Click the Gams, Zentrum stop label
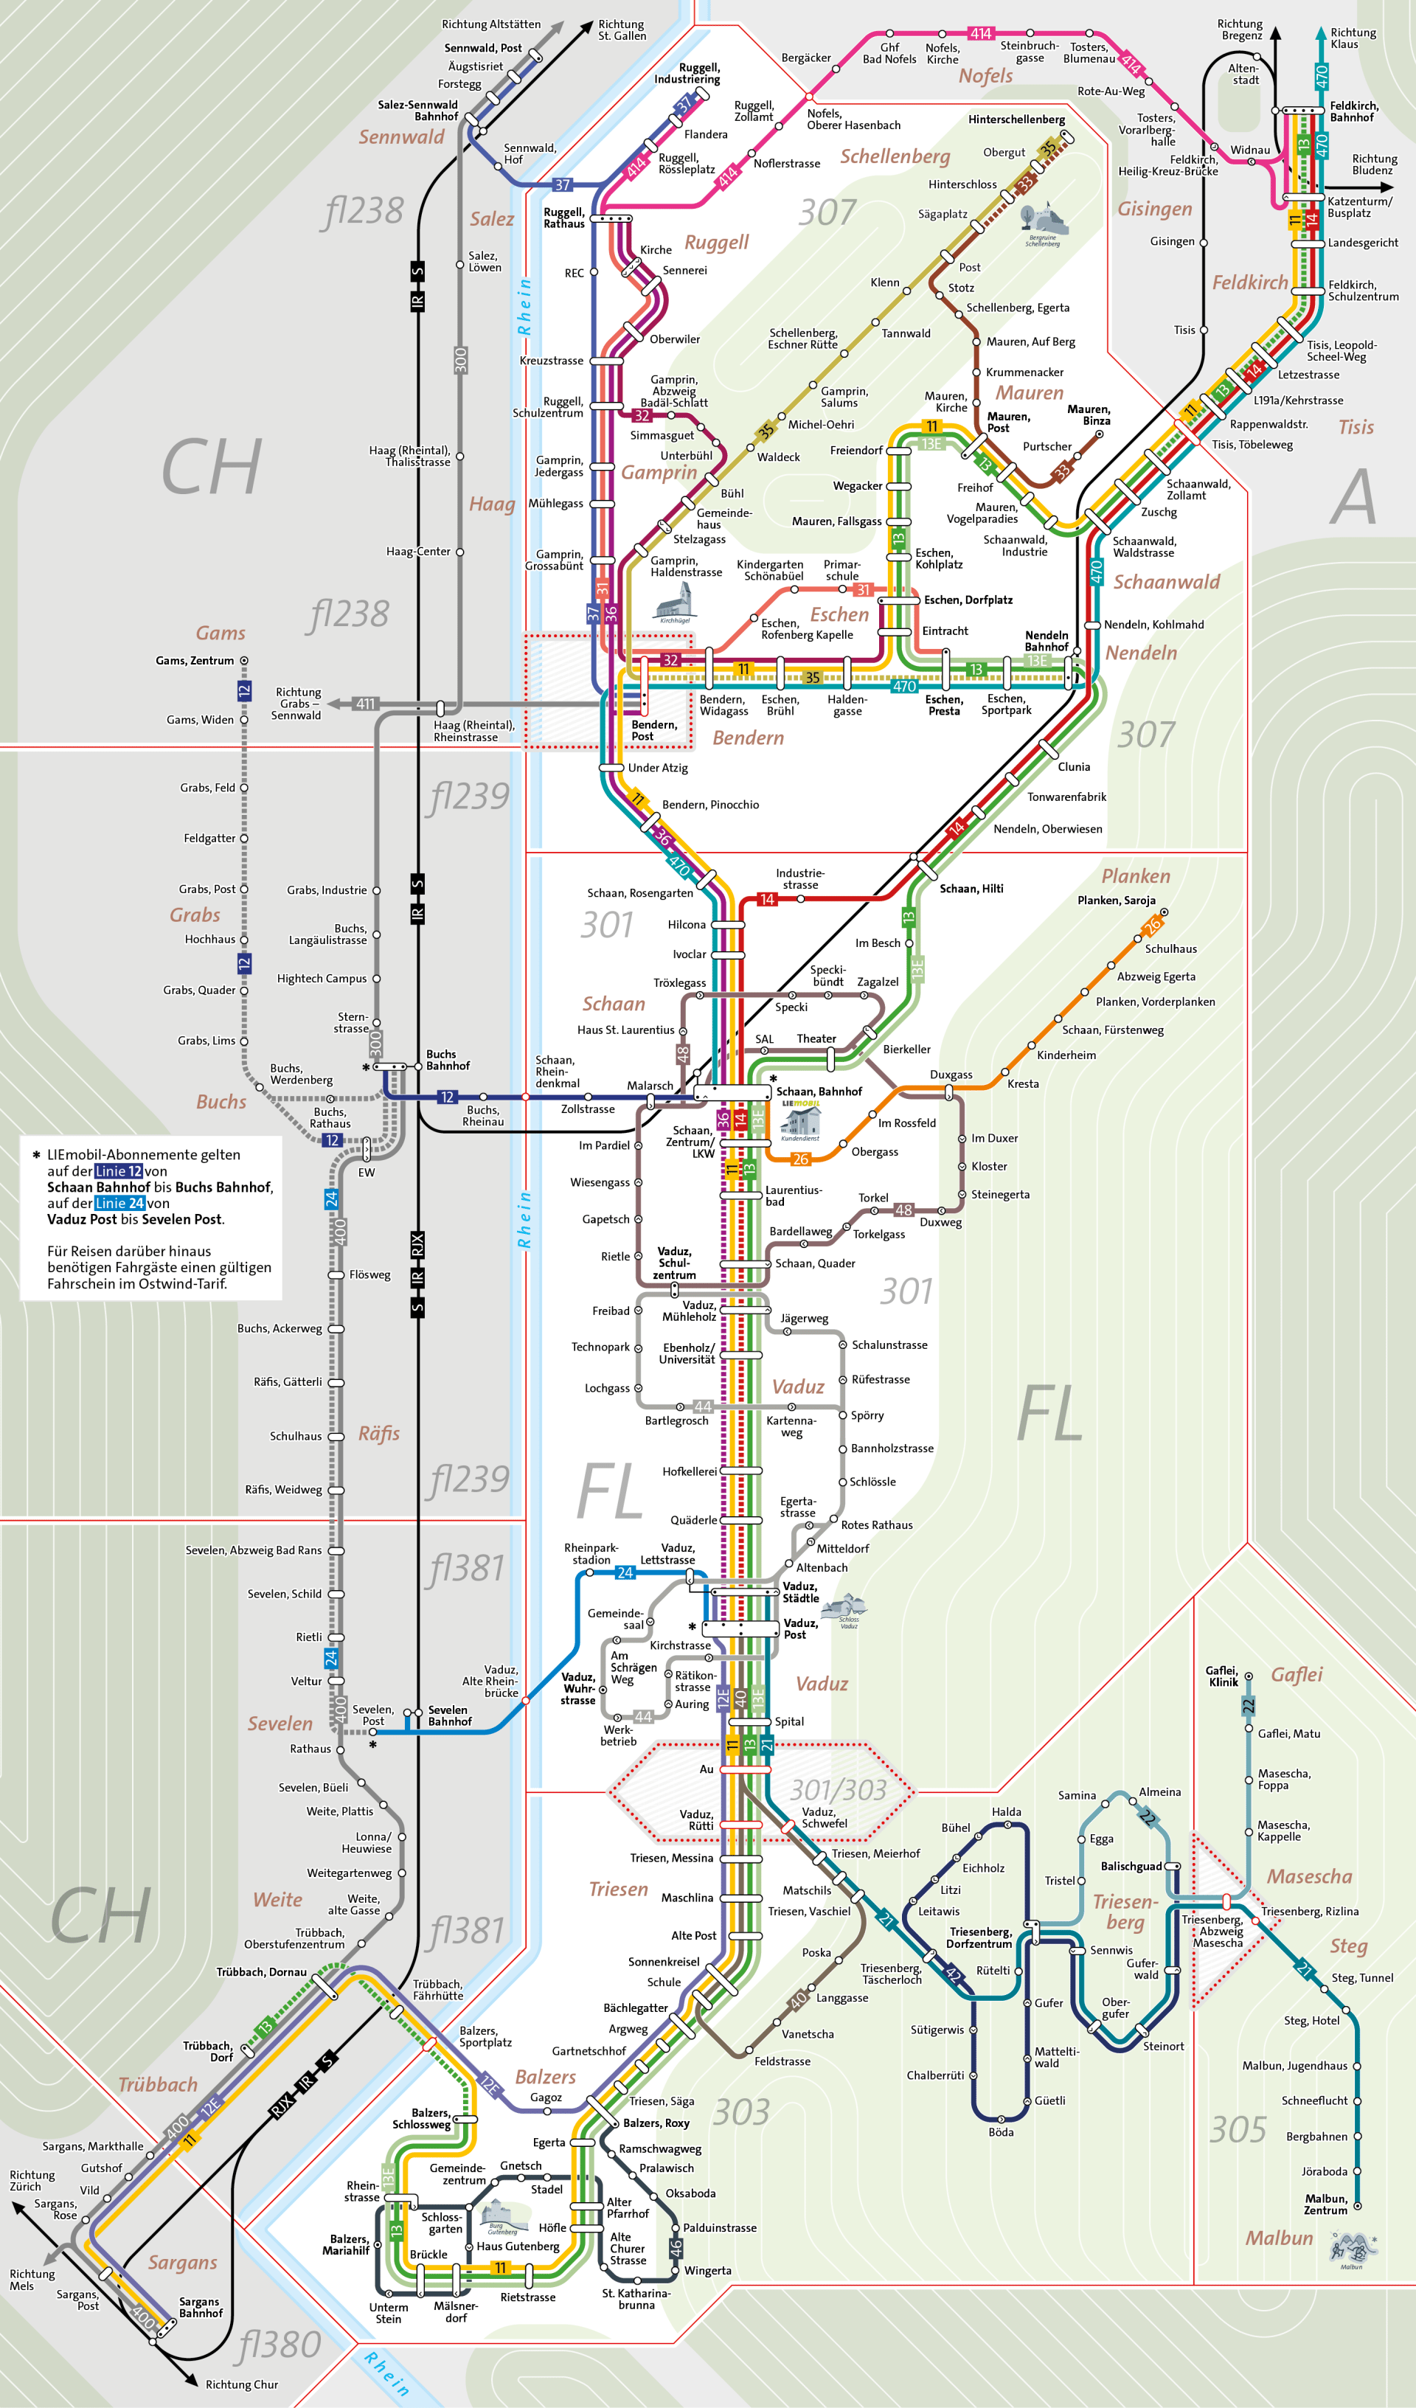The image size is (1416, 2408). (x=194, y=660)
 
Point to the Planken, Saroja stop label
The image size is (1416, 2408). (x=1116, y=900)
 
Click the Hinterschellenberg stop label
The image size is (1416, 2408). (x=1016, y=119)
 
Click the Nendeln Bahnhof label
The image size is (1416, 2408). (x=1047, y=641)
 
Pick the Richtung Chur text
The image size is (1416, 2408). (x=242, y=2384)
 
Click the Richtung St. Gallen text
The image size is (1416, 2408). (x=621, y=30)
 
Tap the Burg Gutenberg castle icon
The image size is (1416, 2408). (x=498, y=2214)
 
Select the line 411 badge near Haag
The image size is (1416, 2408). (x=365, y=704)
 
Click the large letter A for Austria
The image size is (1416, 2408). (x=1353, y=497)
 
